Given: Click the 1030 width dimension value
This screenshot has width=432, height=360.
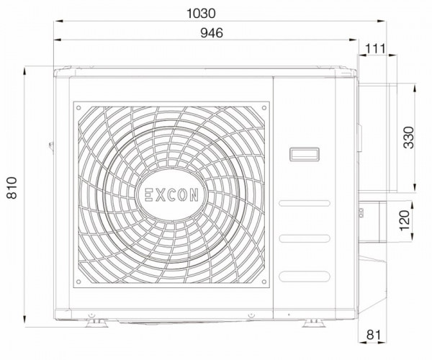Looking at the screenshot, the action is [201, 14].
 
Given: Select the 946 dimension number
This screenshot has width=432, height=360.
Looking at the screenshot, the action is [212, 33].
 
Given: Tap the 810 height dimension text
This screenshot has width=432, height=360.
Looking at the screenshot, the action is [12, 188].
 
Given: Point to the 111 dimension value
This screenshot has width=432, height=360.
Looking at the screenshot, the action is [376, 49].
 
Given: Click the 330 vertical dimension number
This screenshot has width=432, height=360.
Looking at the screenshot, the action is [408, 138].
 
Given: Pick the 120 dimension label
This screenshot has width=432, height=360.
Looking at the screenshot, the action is [405, 220].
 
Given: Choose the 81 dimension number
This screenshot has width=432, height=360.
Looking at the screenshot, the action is [373, 335].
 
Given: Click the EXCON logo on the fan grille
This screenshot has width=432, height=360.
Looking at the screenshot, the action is [171, 194].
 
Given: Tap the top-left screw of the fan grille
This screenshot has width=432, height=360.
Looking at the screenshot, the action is [78, 108].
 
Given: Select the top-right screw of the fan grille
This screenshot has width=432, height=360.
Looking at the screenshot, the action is [264, 108].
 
